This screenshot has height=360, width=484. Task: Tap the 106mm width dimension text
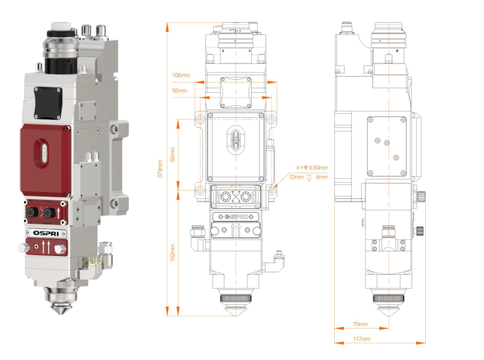(182, 75)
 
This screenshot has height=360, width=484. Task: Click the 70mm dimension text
(360, 324)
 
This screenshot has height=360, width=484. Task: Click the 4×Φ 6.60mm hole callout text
(311, 168)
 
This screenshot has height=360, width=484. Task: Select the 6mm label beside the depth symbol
(322, 177)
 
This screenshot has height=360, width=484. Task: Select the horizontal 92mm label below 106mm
(179, 90)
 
